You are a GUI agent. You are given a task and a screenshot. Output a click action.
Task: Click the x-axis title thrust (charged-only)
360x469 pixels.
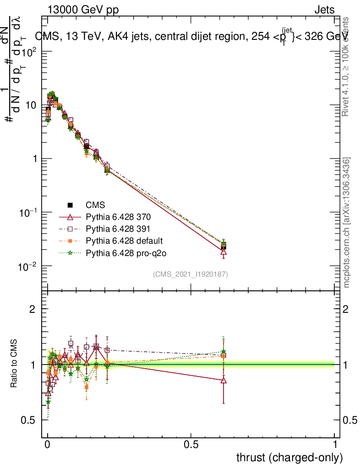[x=289, y=458]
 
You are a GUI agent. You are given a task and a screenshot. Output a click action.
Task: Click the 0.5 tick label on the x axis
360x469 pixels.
[x=191, y=445]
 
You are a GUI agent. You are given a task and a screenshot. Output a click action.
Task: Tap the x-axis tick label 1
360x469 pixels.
[x=334, y=445]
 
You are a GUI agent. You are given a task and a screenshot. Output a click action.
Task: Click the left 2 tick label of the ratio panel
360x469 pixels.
[x=33, y=309]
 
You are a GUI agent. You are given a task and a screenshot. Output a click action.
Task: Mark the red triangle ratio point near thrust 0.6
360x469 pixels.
[x=224, y=380]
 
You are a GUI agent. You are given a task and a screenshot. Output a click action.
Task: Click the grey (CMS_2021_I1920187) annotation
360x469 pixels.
[x=191, y=274]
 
